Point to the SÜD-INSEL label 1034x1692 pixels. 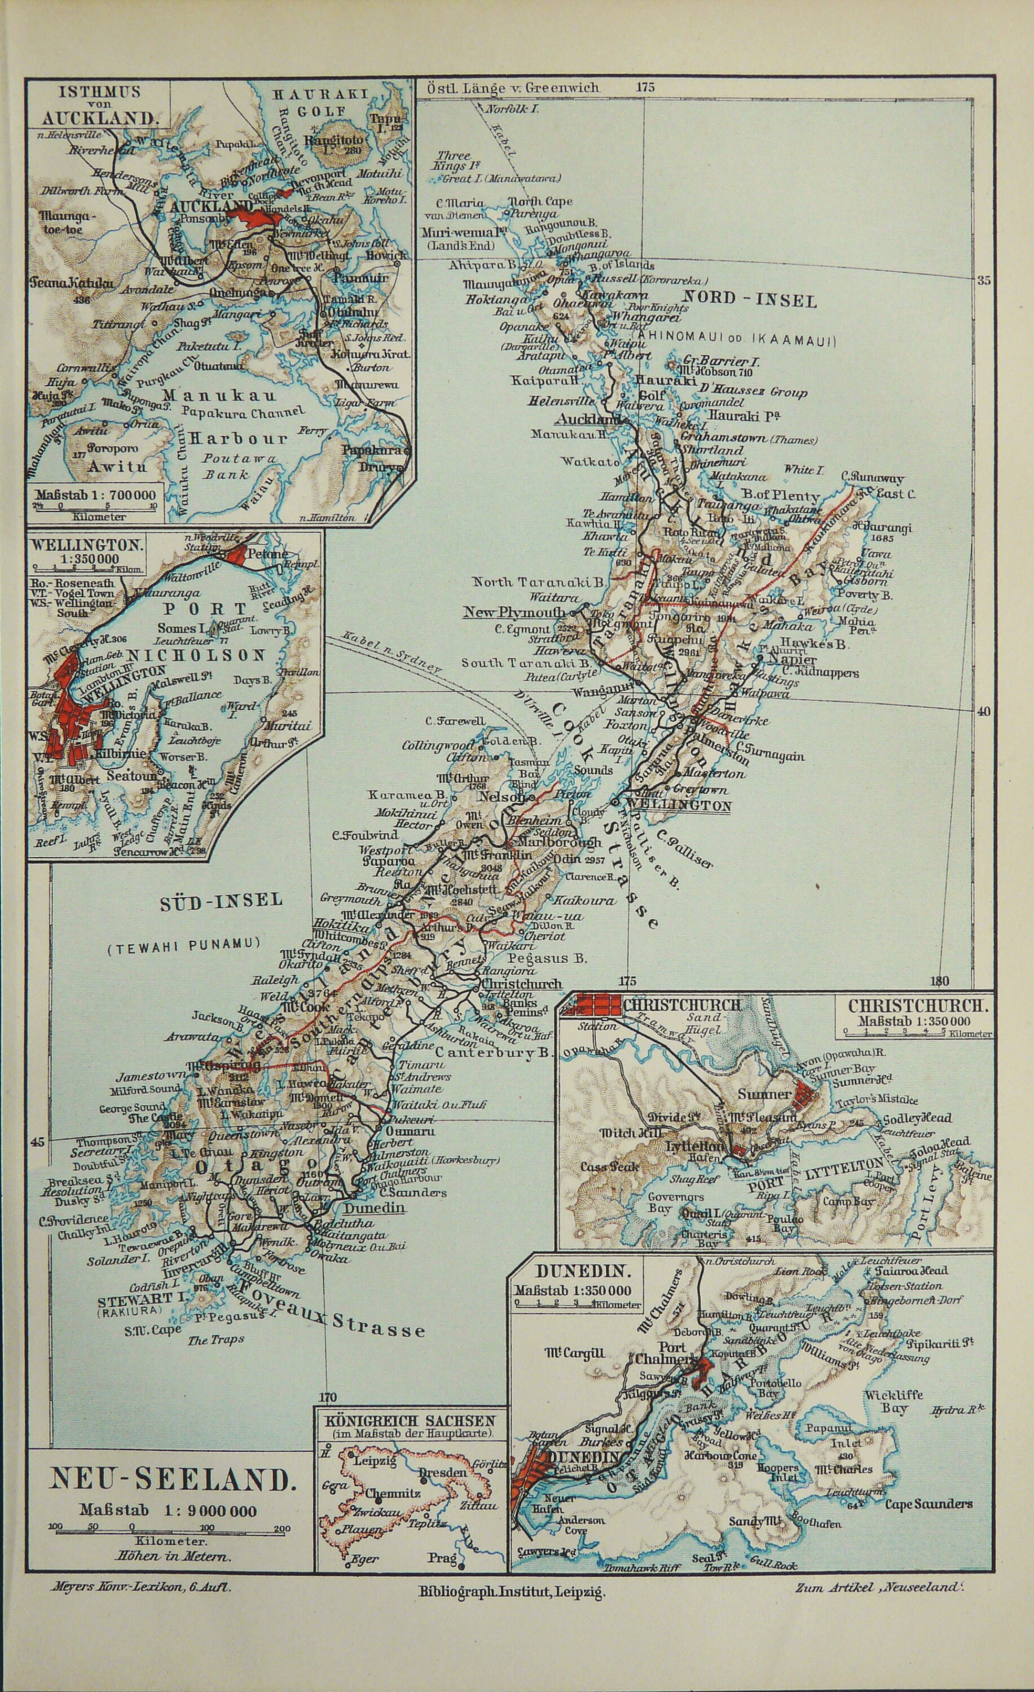(x=221, y=900)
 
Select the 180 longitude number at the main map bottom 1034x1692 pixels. (x=940, y=981)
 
